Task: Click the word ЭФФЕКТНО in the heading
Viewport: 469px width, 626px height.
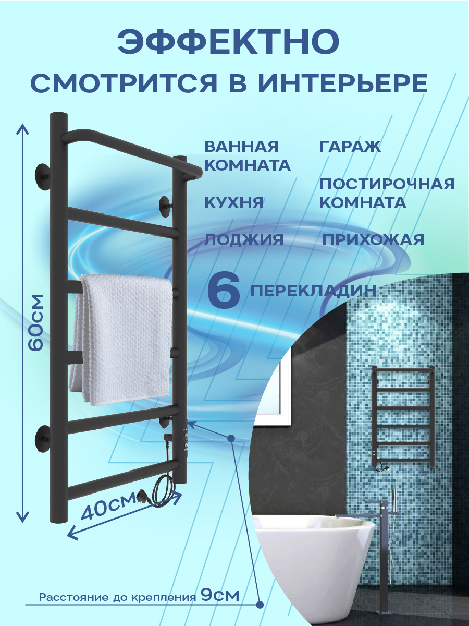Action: (x=228, y=43)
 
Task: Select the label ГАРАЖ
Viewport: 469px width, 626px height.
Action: (x=350, y=147)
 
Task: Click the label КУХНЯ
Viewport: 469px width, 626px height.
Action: (x=234, y=203)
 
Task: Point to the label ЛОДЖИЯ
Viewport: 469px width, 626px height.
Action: (x=244, y=240)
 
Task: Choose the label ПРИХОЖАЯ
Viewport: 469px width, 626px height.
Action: (x=373, y=240)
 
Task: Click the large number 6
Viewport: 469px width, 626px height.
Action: (x=224, y=292)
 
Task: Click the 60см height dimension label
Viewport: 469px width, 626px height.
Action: (x=36, y=323)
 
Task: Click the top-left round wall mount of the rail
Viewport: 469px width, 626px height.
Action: (x=43, y=174)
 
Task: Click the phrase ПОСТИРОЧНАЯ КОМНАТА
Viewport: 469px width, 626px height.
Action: (x=387, y=193)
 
